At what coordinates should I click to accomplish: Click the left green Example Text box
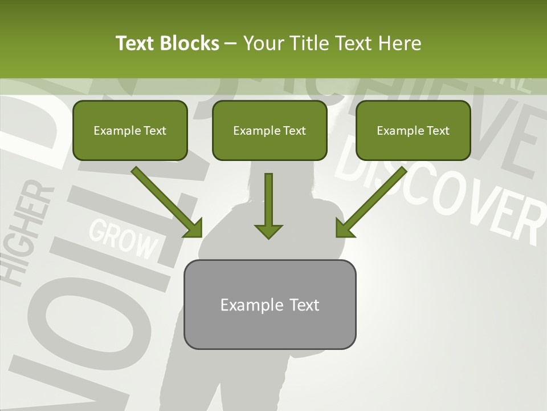pos(130,130)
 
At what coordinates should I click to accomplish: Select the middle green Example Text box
pos(270,130)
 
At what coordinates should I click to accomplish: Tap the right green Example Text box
pos(413,130)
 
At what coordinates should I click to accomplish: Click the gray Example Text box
pos(270,304)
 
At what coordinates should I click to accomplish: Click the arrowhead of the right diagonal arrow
pos(344,228)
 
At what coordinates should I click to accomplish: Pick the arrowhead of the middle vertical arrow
pos(268,231)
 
